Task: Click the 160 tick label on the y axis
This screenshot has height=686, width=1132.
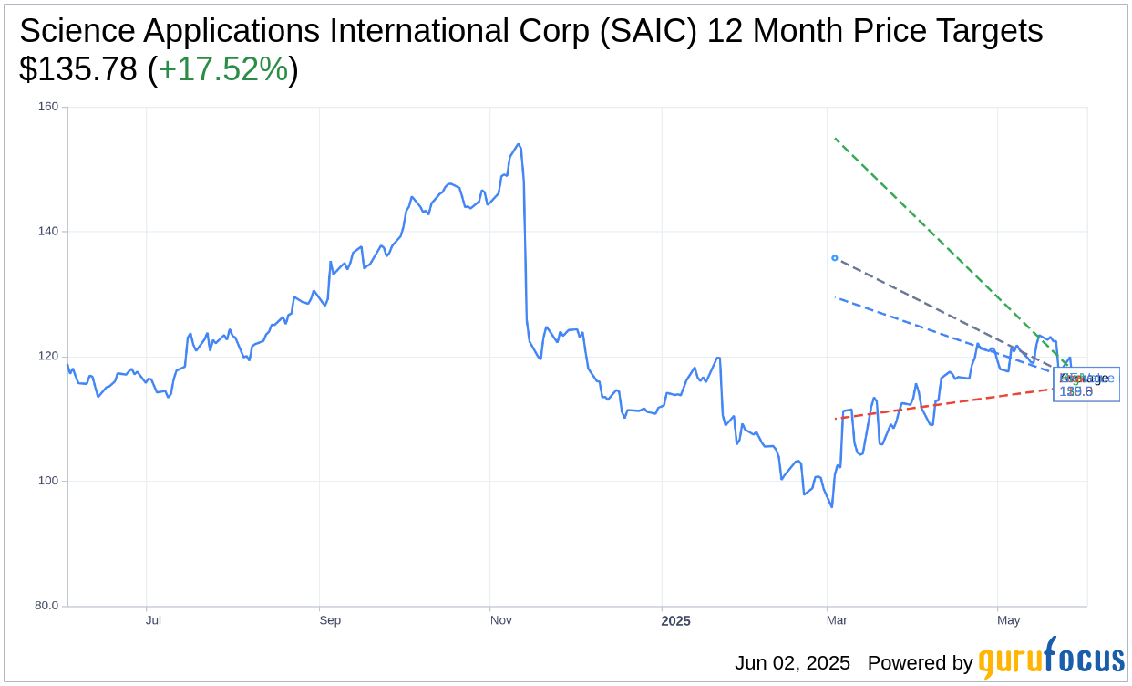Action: pos(48,107)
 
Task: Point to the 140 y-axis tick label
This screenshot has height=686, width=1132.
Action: pos(48,232)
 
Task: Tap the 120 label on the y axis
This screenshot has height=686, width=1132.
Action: pos(48,356)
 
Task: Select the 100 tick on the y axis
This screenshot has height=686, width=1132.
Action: pos(48,481)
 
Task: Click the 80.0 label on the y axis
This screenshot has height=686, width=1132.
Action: pos(46,606)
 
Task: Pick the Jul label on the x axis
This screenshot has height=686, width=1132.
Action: pos(153,620)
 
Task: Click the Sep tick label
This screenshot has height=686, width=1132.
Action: pos(330,620)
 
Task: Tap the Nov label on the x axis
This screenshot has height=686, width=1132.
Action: pos(500,620)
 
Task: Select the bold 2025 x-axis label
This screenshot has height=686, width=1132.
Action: pos(675,621)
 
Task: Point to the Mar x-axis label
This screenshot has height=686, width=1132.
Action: pos(837,620)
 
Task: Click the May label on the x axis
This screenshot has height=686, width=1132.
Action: pos(1008,620)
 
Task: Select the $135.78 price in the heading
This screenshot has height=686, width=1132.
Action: pos(78,69)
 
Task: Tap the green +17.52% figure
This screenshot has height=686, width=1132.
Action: pos(223,69)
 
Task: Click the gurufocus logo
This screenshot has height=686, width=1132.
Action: pos(1051,659)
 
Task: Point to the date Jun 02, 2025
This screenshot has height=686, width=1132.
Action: pos(792,663)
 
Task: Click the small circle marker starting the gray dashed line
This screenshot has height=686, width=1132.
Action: pos(835,258)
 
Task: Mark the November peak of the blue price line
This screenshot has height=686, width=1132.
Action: pos(519,144)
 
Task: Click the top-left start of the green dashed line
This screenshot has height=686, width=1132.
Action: pos(835,139)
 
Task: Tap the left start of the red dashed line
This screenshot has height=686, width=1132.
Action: pos(835,419)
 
